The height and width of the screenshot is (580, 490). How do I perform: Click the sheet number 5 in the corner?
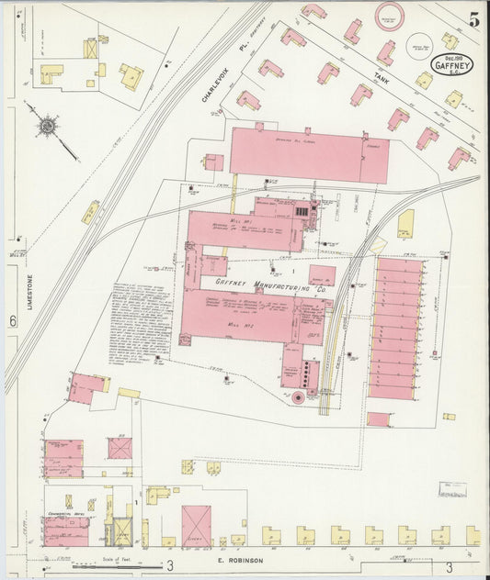tap(473, 19)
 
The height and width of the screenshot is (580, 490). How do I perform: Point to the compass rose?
tap(47, 123)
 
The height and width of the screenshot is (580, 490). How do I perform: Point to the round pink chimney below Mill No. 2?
tap(297, 397)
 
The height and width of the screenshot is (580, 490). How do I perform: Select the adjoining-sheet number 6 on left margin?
tap(14, 320)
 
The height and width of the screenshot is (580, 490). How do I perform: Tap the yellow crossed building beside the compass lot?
tap(91, 47)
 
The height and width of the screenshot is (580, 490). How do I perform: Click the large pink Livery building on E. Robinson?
tap(195, 525)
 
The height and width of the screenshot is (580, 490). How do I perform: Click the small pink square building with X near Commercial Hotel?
tap(120, 448)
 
